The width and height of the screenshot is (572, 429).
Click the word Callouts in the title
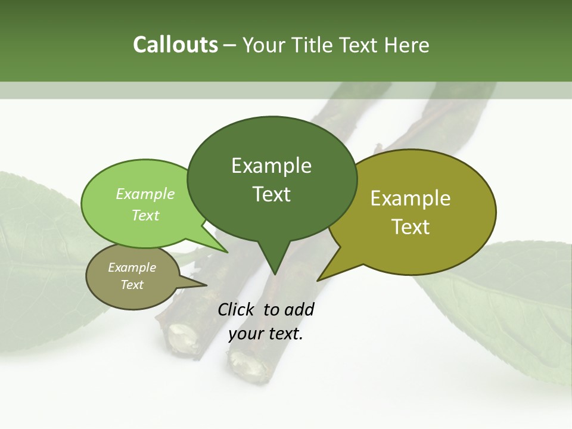coord(175,45)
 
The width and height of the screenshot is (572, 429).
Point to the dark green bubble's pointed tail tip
coord(275,273)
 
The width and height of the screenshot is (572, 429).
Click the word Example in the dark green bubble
coord(271,165)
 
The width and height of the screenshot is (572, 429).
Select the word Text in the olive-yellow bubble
coord(411,227)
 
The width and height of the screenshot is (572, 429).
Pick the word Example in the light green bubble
coord(145,194)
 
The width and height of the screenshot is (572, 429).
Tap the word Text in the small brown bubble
coord(132,285)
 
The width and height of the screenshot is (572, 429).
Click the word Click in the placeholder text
coord(237,309)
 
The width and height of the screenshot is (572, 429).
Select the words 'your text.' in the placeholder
coord(266,334)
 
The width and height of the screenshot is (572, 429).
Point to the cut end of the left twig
coord(181,337)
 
